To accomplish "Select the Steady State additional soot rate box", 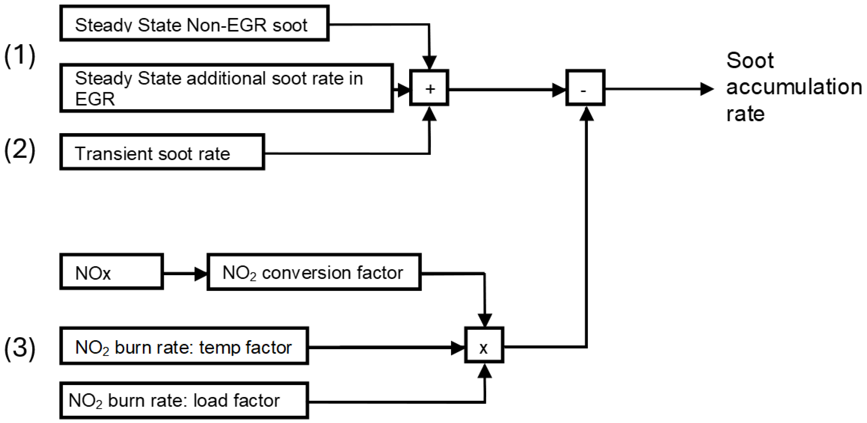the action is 227,88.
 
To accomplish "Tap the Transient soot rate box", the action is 162,152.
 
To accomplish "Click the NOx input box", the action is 111,272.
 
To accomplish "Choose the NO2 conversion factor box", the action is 314,272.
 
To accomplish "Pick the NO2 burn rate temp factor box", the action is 184,346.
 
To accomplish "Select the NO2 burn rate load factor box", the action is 184,400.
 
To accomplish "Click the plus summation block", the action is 429,88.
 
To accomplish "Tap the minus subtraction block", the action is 585,88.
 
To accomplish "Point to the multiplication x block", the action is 484,345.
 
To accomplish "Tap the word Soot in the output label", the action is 750,61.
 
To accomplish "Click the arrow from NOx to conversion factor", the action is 185,273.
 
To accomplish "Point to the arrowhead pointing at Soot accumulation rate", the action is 707,89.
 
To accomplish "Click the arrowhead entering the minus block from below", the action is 587,114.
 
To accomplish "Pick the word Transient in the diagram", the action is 113,153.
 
